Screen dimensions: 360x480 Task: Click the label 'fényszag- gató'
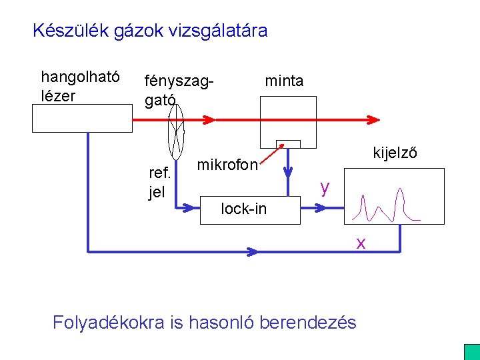point(177,90)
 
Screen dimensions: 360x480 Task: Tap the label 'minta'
point(284,81)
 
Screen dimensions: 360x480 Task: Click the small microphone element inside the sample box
point(289,144)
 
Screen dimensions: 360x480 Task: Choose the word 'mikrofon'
point(227,165)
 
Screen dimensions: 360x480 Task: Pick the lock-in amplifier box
point(250,209)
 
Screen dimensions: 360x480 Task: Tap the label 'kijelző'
point(395,153)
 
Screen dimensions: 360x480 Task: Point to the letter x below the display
point(361,243)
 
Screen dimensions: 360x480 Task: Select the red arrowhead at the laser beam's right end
point(373,120)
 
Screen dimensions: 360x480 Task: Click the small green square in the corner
point(471,352)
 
